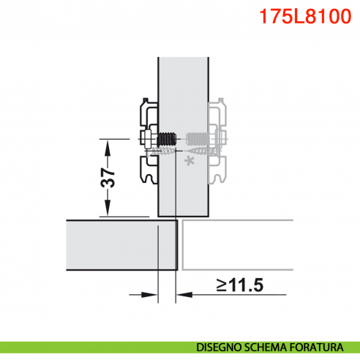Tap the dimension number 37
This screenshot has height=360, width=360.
108,177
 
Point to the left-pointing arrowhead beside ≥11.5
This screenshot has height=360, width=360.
183,295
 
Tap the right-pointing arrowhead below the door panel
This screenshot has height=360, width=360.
153,295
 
